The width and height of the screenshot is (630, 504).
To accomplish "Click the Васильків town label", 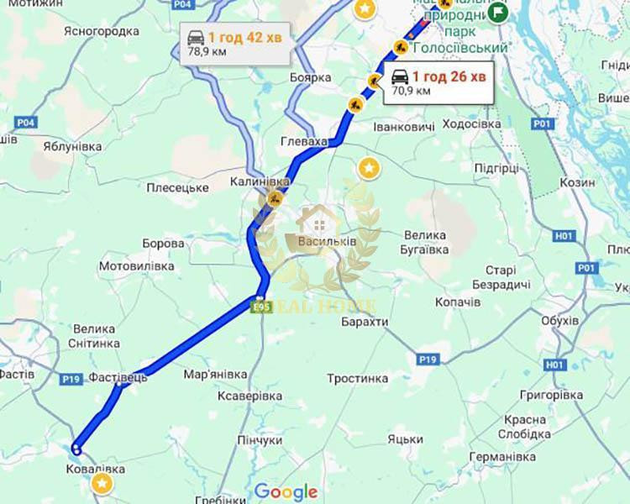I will pos(327,241).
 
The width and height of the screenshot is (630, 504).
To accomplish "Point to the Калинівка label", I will pos(260,181).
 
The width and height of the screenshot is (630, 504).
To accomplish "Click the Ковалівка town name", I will pos(96,468).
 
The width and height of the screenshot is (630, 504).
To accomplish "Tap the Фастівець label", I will pos(118,377).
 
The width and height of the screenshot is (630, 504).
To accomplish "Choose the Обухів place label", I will pos(560,321).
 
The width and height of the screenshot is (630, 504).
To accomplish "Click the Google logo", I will pos(286,491).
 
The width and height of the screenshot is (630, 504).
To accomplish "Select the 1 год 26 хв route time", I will pos(449,77).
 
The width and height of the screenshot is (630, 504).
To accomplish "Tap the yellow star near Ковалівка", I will pos(102,483).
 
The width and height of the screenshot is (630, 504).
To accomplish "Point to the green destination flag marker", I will pos(498,13).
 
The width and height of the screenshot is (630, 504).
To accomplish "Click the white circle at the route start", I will pos(76,449).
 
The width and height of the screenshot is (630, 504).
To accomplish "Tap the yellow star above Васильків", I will pos(368,168).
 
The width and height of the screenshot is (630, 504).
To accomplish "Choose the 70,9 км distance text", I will pos(412,91).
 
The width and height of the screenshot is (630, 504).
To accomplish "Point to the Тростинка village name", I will pos(357,379).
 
